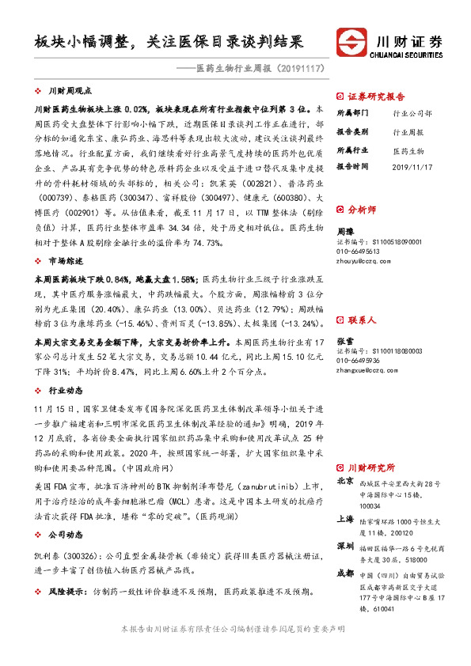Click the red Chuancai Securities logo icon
coord(351,41)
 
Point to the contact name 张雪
coord(345,318)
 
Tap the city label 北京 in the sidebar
coord(345,481)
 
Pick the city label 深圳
coord(345,546)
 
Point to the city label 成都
coord(345,573)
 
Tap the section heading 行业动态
coord(65,391)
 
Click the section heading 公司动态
coord(65,535)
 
